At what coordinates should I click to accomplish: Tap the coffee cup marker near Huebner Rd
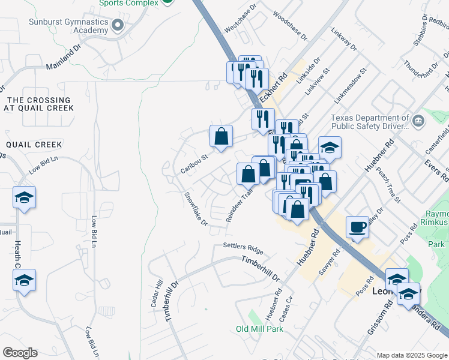(x=358, y=227)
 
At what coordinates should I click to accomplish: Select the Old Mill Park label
(x=259, y=329)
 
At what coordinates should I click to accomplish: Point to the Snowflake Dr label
(x=196, y=209)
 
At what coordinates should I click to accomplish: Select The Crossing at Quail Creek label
(x=38, y=104)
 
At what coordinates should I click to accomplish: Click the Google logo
(x=20, y=353)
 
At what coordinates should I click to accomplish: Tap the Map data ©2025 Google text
(x=412, y=355)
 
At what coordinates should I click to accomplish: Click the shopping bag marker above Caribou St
(x=221, y=136)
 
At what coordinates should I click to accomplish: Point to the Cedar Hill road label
(x=157, y=294)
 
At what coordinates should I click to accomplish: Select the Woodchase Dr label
(x=290, y=25)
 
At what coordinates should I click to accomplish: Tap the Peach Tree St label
(x=387, y=176)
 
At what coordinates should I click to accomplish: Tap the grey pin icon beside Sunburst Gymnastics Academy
(x=118, y=25)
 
